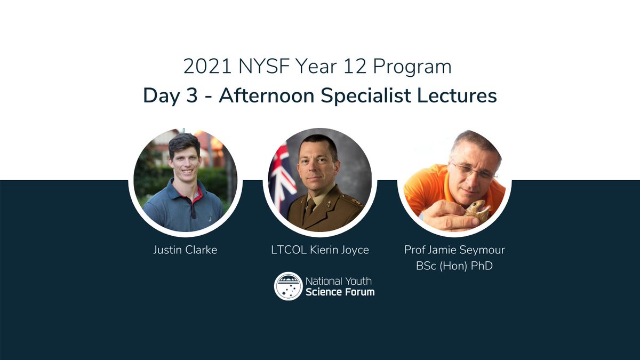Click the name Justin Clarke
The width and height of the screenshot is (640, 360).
coord(185,250)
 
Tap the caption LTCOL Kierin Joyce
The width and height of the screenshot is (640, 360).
coord(319,250)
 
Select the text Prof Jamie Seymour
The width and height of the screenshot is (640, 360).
coord(454,250)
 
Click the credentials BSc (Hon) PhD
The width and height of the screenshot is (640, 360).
coord(454,265)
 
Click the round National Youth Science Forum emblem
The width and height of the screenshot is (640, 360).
coord(288,286)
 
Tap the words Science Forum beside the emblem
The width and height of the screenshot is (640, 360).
coord(340,292)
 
